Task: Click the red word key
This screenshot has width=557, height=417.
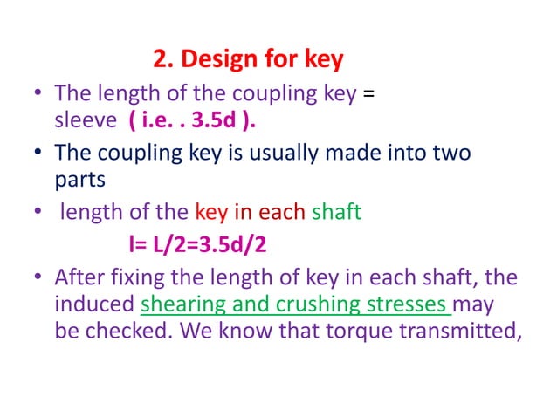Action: pos(211,212)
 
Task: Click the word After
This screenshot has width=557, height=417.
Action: pos(81,278)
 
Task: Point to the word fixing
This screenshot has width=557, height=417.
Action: pos(143,278)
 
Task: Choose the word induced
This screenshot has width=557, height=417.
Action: pos(94,306)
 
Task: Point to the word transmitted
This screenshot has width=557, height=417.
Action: pos(462,334)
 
